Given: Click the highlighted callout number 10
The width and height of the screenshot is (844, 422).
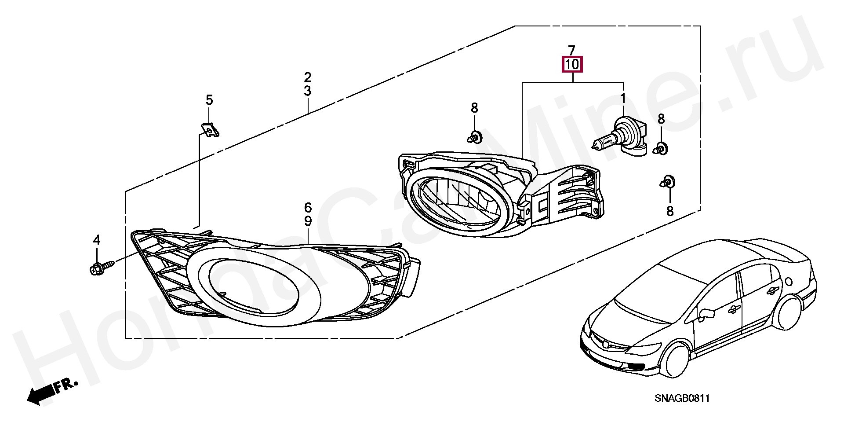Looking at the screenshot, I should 572,65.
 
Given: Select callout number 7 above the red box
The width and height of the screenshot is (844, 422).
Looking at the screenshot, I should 571,50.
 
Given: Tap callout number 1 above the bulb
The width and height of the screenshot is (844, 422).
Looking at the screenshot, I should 622,98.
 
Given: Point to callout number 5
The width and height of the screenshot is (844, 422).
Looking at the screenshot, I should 209,100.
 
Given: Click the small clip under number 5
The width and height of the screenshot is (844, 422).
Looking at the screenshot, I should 211,130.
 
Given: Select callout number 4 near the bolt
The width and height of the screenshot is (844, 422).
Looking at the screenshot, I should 96,240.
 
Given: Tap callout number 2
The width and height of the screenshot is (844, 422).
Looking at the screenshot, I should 308,78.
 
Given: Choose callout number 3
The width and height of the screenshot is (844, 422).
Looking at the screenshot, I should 308,91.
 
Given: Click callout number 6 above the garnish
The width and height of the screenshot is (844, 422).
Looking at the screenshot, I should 308,207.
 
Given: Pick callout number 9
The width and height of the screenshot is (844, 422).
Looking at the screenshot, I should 308,221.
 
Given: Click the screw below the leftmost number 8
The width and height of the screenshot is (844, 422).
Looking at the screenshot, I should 474,138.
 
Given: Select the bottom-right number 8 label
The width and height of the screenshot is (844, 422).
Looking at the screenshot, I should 670,212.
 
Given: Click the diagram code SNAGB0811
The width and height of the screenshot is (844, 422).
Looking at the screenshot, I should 682,399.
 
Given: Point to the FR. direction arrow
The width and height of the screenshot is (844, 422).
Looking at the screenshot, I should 51,391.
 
